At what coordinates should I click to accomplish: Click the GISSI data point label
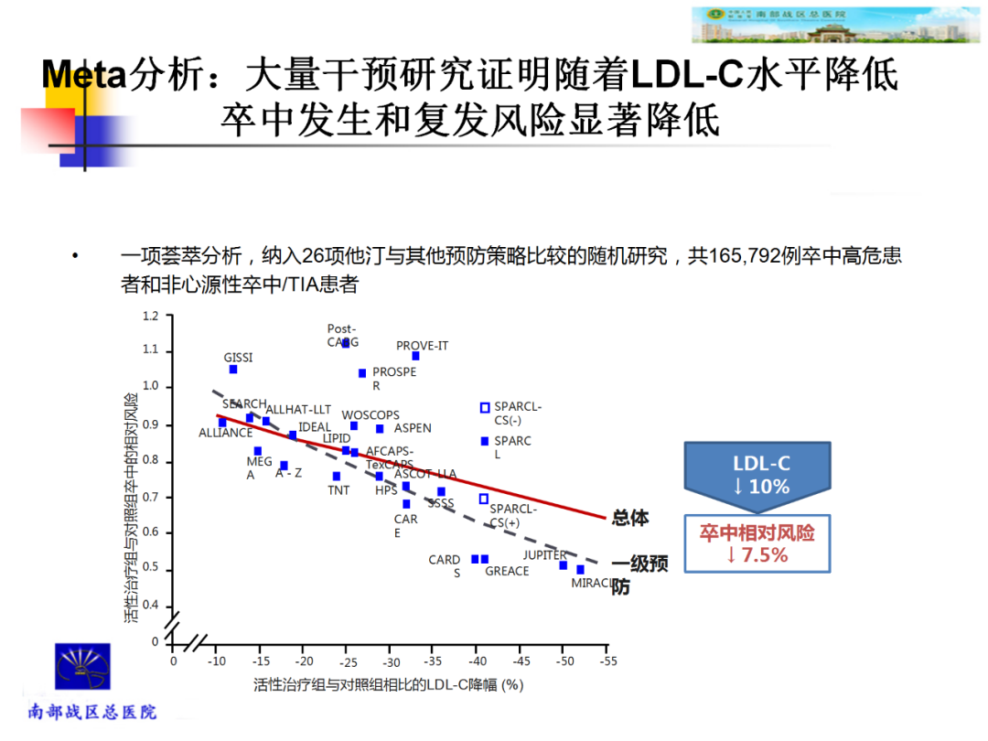[238, 358]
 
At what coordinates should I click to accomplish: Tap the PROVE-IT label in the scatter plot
[422, 346]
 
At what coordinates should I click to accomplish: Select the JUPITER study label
[544, 555]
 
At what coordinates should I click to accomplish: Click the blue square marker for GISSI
[233, 370]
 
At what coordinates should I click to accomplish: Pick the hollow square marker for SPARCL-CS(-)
[485, 408]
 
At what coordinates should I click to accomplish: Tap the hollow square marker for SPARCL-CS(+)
[484, 499]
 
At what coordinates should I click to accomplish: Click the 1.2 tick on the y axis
[151, 317]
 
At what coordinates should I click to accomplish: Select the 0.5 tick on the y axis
[151, 569]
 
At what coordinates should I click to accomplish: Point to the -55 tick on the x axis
[607, 660]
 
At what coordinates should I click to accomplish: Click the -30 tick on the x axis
[391, 660]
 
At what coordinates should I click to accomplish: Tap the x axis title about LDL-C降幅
[388, 684]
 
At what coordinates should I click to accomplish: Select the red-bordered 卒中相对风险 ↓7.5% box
[757, 543]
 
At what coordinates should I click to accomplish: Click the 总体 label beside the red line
[630, 518]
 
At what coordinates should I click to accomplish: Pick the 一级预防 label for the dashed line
[639, 575]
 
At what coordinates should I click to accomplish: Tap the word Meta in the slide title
[83, 75]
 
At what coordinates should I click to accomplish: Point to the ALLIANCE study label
[225, 433]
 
